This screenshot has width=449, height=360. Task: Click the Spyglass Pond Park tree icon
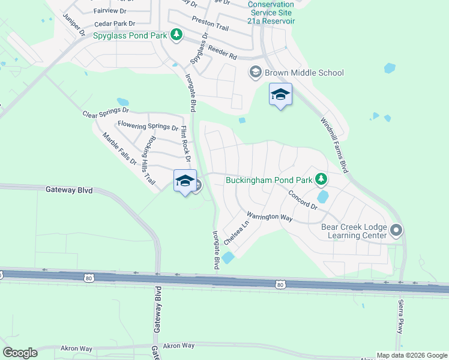click(176, 35)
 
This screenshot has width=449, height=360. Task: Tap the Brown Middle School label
click(306, 73)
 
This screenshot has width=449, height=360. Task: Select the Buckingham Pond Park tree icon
click(322, 179)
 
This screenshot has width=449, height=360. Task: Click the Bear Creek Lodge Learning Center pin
click(396, 230)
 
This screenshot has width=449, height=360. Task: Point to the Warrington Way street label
click(270, 216)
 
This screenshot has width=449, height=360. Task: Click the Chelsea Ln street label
click(236, 232)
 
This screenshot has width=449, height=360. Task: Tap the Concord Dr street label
click(303, 200)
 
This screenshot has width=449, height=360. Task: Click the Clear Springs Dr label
click(106, 112)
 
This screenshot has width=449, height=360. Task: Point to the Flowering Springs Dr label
click(148, 126)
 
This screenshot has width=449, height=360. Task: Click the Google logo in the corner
click(20, 353)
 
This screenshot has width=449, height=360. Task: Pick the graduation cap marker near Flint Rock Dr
click(185, 181)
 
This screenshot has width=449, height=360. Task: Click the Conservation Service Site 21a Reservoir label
click(271, 12)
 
